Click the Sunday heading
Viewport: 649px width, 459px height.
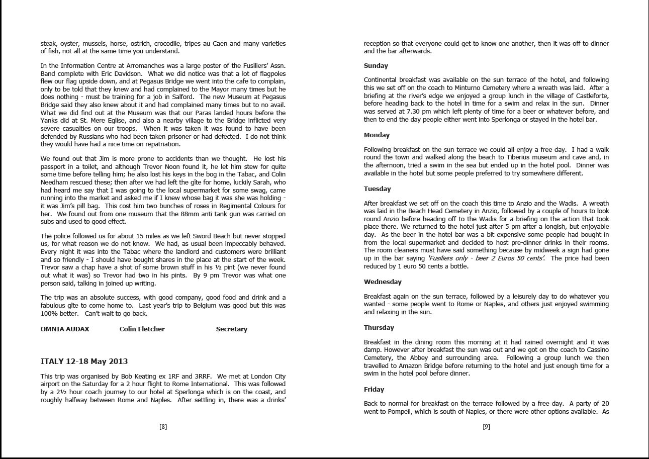coord(376,66)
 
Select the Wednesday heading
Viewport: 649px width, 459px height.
coord(383,282)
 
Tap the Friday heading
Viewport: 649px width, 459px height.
coord(374,390)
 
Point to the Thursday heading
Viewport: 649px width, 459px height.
coord(379,328)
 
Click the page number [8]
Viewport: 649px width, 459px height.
coord(163,427)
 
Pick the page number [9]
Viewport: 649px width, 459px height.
coord(486,427)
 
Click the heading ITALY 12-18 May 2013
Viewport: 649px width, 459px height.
coord(84,361)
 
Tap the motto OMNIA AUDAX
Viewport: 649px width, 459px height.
coord(65,329)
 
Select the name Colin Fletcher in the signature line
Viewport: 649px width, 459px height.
coord(142,329)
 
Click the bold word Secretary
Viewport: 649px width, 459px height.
coord(231,329)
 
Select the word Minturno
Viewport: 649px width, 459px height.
coord(458,88)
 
